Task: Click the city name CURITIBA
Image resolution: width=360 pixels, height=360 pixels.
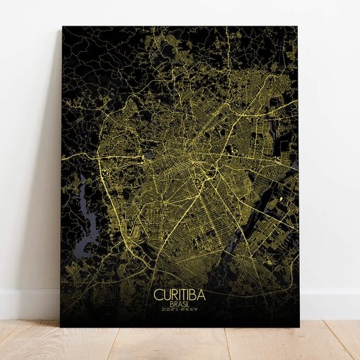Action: coord(180,295)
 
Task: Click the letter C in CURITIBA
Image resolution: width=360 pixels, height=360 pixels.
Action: coord(158,295)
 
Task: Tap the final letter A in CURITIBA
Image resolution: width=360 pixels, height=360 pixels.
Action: coord(202,295)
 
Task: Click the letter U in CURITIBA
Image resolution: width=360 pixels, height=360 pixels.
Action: coord(165,295)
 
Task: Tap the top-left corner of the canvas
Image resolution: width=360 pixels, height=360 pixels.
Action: coord(63,27)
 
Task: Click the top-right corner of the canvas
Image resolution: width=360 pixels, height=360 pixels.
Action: coord(297,28)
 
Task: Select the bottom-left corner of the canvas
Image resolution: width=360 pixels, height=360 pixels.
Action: coord(61,326)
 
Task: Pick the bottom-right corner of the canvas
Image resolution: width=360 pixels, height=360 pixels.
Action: coord(299,326)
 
